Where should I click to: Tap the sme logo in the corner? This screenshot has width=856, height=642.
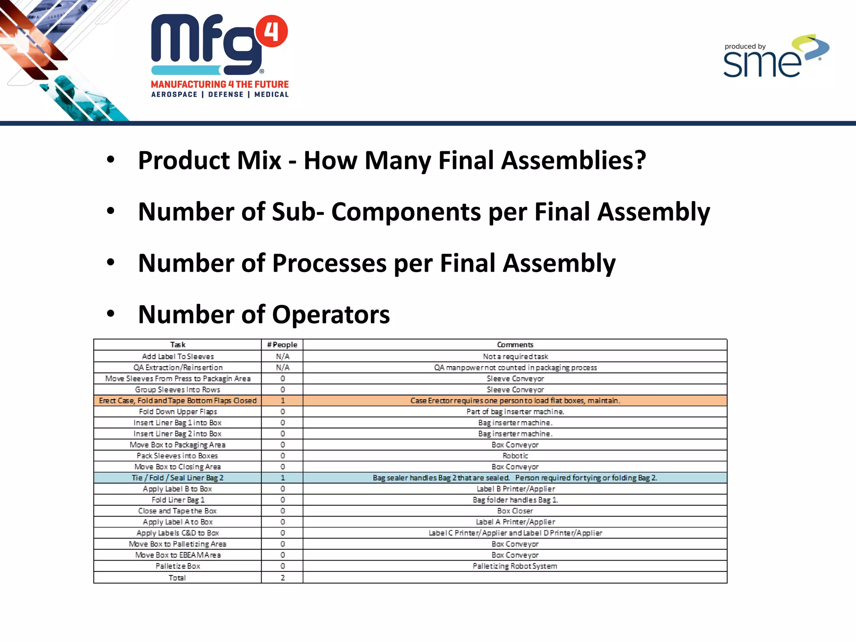[x=776, y=58]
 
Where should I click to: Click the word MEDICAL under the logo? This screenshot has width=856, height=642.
[x=271, y=94]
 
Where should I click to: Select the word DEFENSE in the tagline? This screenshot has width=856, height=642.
[x=226, y=94]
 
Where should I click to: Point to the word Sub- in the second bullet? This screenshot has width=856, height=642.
[x=298, y=212]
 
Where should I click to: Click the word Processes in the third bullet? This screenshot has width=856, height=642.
[x=329, y=263]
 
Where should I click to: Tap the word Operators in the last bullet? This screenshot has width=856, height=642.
[x=331, y=315]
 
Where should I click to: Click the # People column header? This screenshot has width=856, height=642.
[x=282, y=345]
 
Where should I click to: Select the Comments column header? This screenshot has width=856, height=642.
[x=515, y=345]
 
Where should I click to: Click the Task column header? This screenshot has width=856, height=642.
[x=178, y=345]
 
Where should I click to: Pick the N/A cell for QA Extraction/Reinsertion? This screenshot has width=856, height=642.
[x=283, y=367]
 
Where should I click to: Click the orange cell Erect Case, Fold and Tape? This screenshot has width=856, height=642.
[x=178, y=400]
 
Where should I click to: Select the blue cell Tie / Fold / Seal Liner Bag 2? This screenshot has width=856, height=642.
[x=178, y=478]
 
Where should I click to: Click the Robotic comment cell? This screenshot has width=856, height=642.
[x=515, y=456]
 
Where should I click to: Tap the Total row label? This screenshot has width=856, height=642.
[x=177, y=578]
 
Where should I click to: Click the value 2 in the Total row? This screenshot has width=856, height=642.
[x=283, y=578]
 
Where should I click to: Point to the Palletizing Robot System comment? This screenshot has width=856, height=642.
[x=515, y=566]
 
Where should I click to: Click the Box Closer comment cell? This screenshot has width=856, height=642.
[x=515, y=511]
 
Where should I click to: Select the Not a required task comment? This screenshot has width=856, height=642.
[x=515, y=357]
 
